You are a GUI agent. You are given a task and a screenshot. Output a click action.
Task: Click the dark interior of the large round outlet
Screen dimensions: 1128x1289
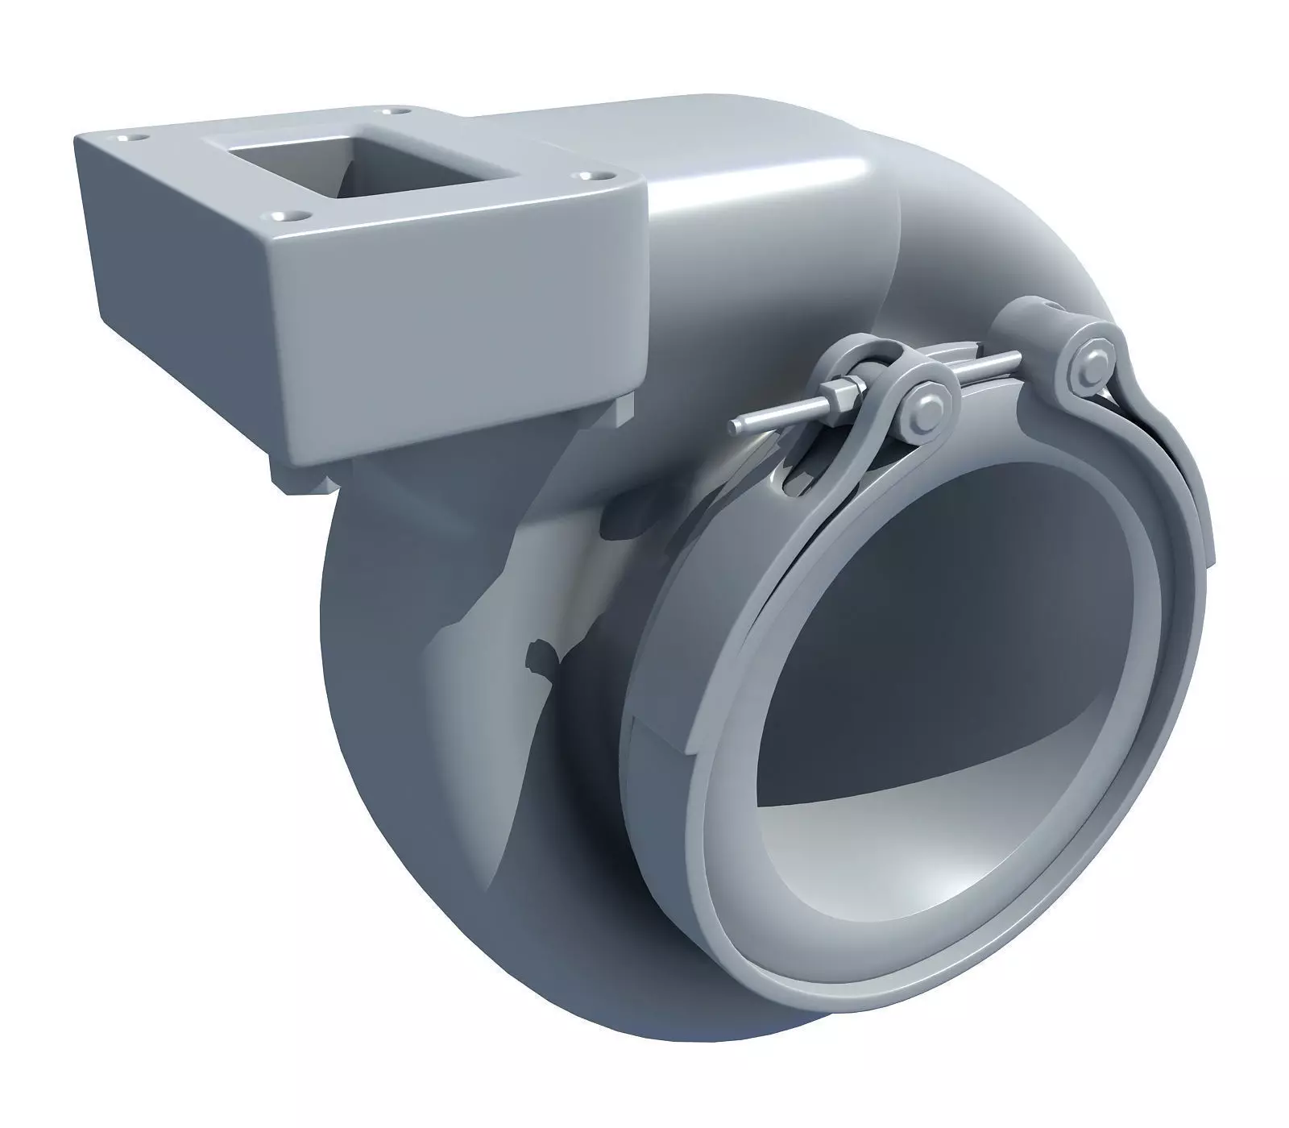pos(910,612)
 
